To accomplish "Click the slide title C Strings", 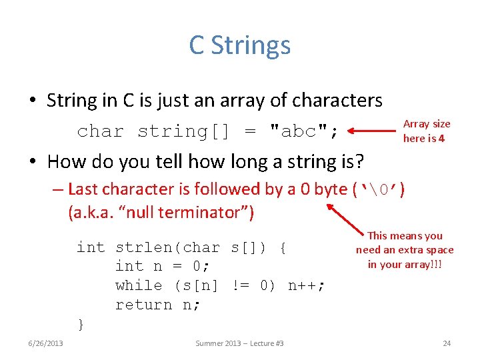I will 239,45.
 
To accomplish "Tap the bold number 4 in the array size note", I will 441,139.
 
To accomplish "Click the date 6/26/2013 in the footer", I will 46,343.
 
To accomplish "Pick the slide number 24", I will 447,343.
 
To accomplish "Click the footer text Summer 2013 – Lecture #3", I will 239,343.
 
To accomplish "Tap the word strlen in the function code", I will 143,247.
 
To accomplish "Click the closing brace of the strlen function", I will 81,325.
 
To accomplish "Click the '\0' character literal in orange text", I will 379,190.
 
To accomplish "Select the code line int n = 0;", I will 163,267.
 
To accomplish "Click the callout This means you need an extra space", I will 405,250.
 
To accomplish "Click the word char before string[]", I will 101,131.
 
